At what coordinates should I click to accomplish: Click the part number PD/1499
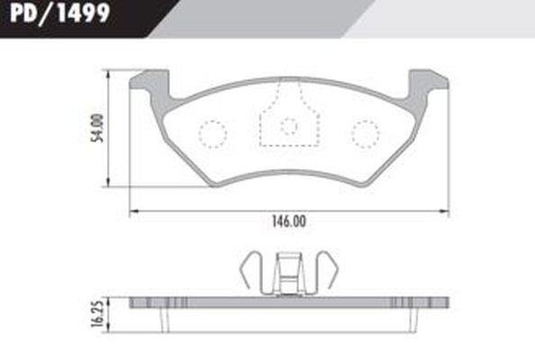(x=56, y=14)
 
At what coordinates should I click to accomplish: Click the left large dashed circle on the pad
(x=213, y=134)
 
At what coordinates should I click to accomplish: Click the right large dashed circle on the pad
(x=365, y=134)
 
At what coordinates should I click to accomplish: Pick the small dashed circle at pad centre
(x=288, y=126)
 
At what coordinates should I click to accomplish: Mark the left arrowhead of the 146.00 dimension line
(x=133, y=211)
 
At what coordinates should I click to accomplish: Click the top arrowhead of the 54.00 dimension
(x=109, y=72)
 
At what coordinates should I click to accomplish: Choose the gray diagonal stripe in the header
(x=261, y=18)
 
